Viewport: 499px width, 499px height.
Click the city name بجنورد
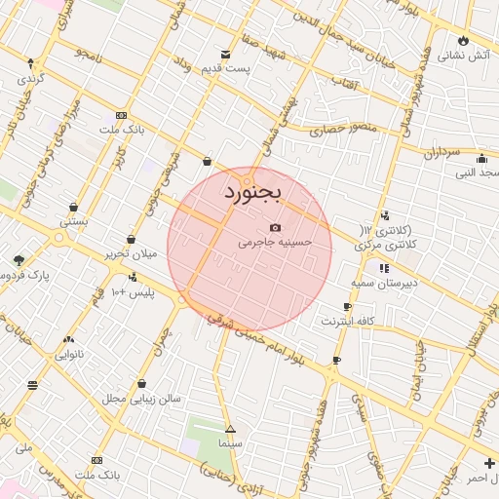pos(251,191)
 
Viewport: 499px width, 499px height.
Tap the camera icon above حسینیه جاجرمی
pos(275,227)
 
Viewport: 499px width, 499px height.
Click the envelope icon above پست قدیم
pos(226,54)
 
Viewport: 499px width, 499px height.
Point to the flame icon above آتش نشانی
pos(463,41)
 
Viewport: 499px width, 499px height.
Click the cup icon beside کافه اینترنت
pos(348,307)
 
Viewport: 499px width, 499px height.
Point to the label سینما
pos(229,443)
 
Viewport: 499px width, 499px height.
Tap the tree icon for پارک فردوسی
pos(19,260)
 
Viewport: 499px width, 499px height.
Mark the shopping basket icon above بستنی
pos(73,207)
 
